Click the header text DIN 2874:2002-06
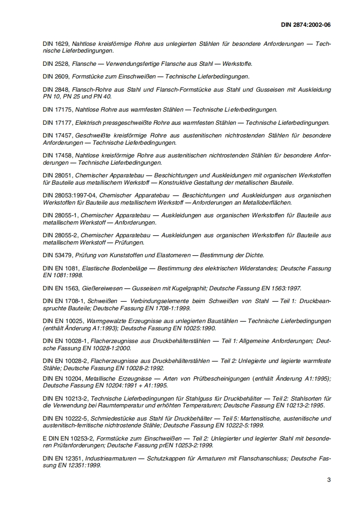coord(305,25)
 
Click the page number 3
coord(329,480)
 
